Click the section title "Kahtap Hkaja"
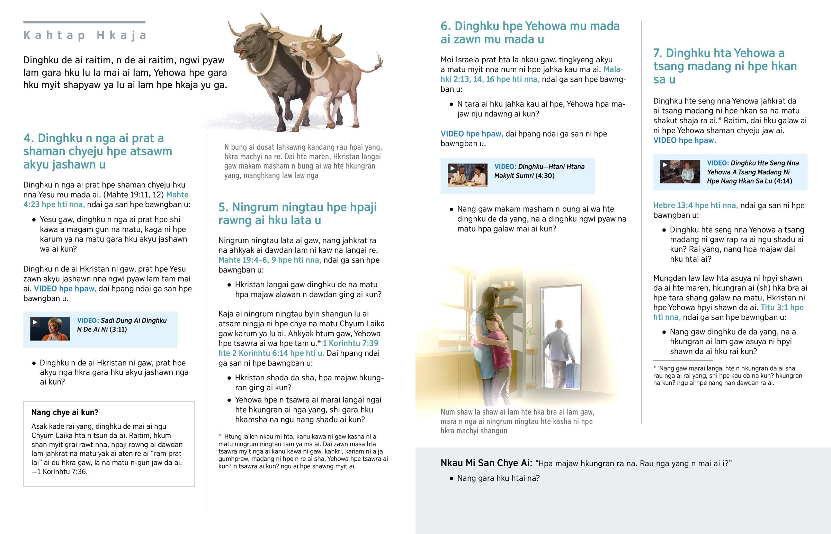click(x=85, y=35)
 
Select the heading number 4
click(x=28, y=138)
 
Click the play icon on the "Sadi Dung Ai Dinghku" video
click(x=35, y=322)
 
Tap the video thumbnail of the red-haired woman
click(x=50, y=329)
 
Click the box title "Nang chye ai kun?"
click(x=65, y=412)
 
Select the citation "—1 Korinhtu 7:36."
click(x=59, y=472)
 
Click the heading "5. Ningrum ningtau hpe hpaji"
click(x=297, y=207)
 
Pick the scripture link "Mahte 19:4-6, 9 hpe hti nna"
click(x=269, y=260)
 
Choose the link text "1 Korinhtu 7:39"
click(x=350, y=343)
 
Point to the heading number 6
click(x=445, y=26)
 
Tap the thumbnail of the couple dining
click(x=467, y=175)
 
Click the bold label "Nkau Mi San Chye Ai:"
click(x=486, y=463)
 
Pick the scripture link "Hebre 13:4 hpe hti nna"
click(x=695, y=206)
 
